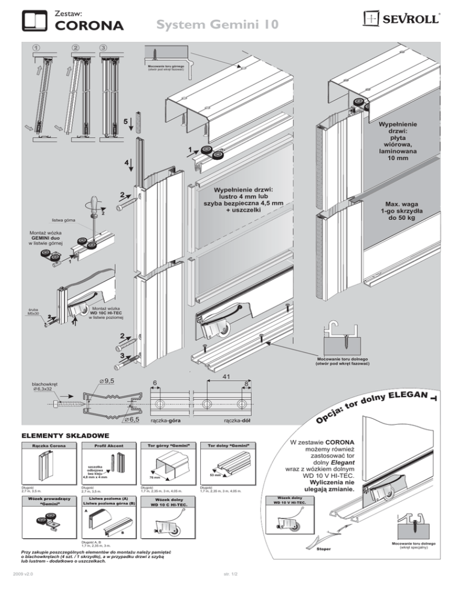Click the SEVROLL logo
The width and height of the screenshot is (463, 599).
tap(405, 19)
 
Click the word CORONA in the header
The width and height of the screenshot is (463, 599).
tap(90, 25)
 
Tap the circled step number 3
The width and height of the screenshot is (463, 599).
tap(104, 48)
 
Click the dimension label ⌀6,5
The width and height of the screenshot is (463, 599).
tap(130, 418)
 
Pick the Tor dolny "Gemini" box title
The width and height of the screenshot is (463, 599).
tap(224, 446)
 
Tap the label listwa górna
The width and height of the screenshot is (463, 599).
tap(63, 221)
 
